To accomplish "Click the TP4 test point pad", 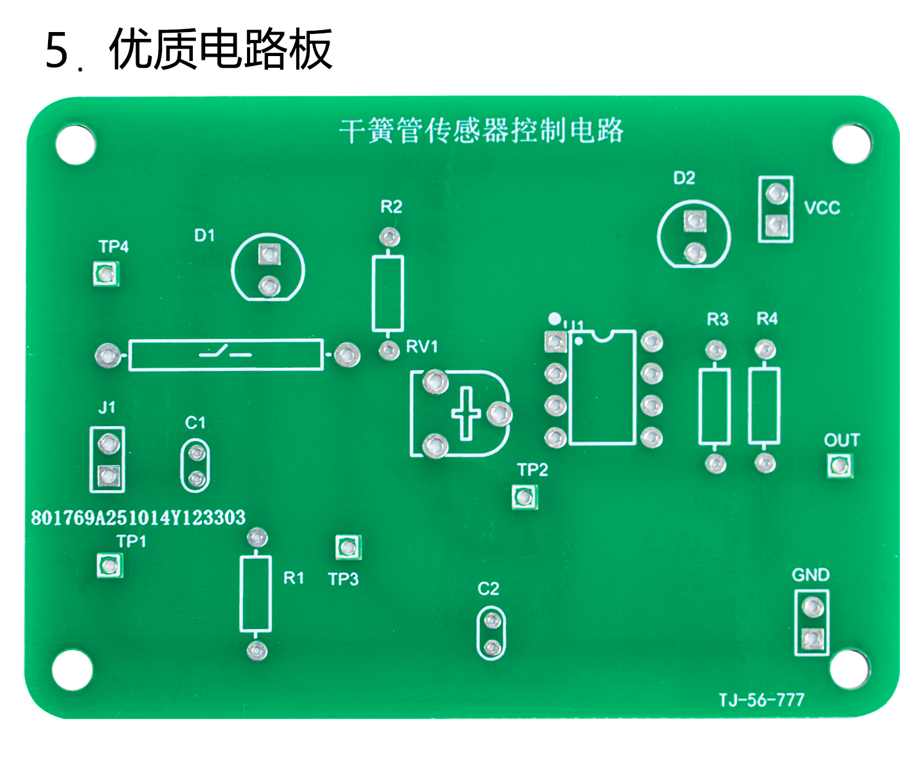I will click(x=106, y=274).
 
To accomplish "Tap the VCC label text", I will click(x=822, y=208).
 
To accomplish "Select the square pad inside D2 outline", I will click(x=695, y=221).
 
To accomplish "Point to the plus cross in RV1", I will click(x=466, y=413).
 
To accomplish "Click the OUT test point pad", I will click(x=839, y=465).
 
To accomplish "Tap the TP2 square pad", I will click(x=524, y=497).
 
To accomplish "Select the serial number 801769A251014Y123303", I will click(x=138, y=518).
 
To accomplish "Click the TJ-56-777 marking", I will click(x=761, y=700).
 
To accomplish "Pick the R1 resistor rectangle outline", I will click(x=256, y=594).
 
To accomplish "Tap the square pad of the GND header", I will click(x=812, y=639).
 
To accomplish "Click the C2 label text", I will click(x=488, y=589).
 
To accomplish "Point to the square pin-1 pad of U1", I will click(x=556, y=341).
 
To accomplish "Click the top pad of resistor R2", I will click(x=389, y=237).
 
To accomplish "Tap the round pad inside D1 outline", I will click(x=269, y=286).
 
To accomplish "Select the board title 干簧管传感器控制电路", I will click(x=481, y=131).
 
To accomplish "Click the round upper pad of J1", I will click(x=108, y=443).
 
